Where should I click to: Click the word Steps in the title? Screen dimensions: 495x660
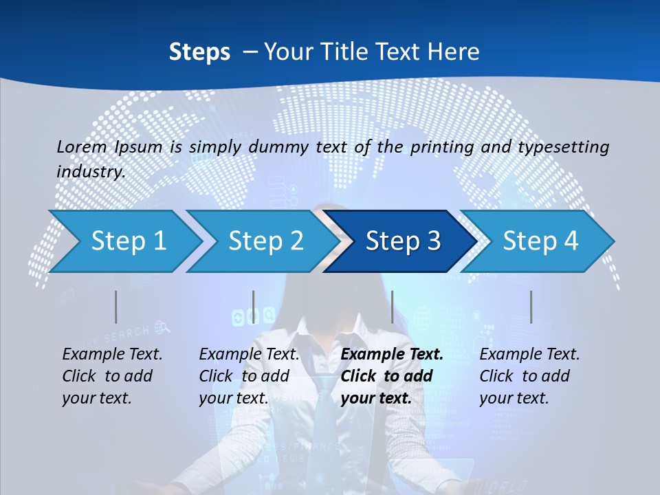pyautogui.click(x=199, y=52)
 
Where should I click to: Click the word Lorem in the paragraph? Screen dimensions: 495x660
pyautogui.click(x=82, y=146)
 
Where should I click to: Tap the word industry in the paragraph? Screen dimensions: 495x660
pyautogui.click(x=90, y=171)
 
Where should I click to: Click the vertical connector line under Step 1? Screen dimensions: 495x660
pyautogui.click(x=116, y=307)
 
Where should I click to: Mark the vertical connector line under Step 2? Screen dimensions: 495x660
pyautogui.click(x=254, y=307)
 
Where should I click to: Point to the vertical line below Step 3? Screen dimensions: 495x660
pyautogui.click(x=392, y=307)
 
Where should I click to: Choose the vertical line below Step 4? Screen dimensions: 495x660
pyautogui.click(x=531, y=307)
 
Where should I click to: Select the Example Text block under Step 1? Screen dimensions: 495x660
pyautogui.click(x=112, y=376)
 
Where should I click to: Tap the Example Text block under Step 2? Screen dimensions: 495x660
pyautogui.click(x=249, y=376)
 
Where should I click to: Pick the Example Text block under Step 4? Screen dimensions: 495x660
pyautogui.click(x=529, y=376)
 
